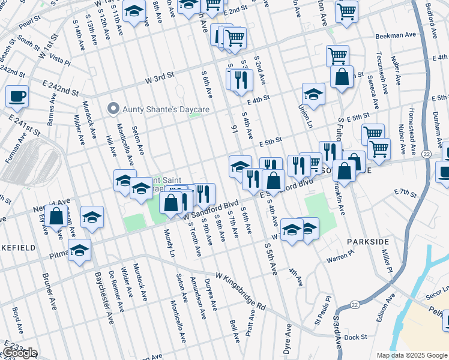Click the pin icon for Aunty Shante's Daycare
click(x=112, y=109)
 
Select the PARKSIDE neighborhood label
click(x=368, y=241)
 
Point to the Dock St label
click(x=355, y=337)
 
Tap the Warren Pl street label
click(x=341, y=260)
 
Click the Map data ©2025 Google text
click(x=411, y=355)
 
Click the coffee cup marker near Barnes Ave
click(x=17, y=95)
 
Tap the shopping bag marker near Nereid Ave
click(x=56, y=216)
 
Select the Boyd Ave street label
click(x=17, y=320)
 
